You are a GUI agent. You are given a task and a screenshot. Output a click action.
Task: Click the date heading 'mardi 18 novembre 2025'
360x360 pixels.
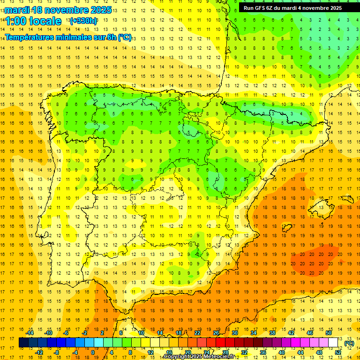[x=58, y=10]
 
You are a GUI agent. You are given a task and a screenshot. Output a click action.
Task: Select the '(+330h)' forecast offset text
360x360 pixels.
[x=83, y=21]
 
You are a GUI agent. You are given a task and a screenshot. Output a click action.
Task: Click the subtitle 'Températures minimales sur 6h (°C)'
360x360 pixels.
[x=68, y=37]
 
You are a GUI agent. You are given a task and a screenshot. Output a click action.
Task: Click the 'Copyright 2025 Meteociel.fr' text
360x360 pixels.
[x=199, y=357]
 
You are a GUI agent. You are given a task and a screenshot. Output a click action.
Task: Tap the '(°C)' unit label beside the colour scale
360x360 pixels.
[x=349, y=343]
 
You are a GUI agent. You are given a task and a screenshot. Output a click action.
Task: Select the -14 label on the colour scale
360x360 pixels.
[x=30, y=333]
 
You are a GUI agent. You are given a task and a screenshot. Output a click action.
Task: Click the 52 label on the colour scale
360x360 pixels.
[x=338, y=352]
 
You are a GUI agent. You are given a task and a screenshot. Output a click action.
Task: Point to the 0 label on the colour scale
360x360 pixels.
[x=93, y=352]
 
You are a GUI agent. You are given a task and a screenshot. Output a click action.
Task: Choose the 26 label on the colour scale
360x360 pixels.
[x=216, y=333]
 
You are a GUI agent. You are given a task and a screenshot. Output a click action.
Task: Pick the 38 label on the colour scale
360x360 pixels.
[x=272, y=333]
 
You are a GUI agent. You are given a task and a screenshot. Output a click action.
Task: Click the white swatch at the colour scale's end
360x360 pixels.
[x=333, y=343]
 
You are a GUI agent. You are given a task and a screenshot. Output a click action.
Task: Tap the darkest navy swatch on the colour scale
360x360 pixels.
[x=23, y=343]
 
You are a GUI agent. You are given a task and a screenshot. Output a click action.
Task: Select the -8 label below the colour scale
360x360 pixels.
[x=57, y=352]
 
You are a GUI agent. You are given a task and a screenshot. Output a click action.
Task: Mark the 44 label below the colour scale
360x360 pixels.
[x=300, y=352]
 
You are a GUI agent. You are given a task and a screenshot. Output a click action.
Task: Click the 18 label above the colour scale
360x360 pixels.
[x=179, y=333]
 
